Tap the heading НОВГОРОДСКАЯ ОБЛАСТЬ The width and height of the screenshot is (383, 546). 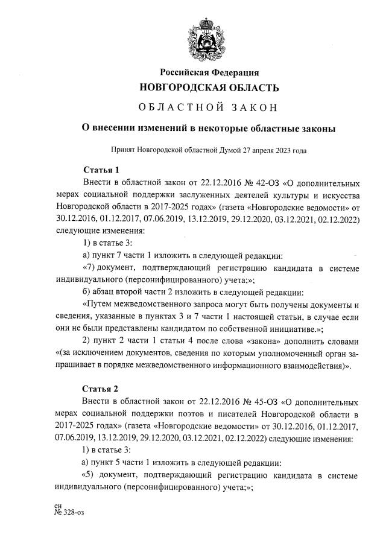click(209, 88)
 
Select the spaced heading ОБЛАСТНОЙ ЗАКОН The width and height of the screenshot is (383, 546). click(209, 108)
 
